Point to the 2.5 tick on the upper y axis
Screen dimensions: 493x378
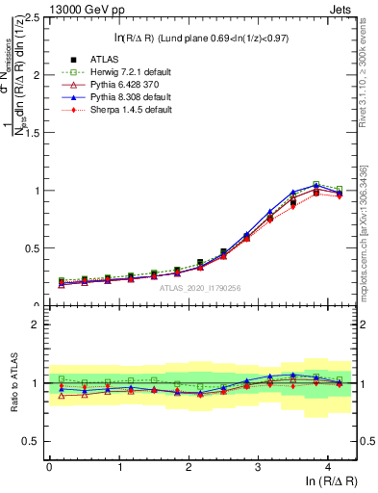[32, 18]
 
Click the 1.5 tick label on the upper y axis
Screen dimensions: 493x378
[32, 133]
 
